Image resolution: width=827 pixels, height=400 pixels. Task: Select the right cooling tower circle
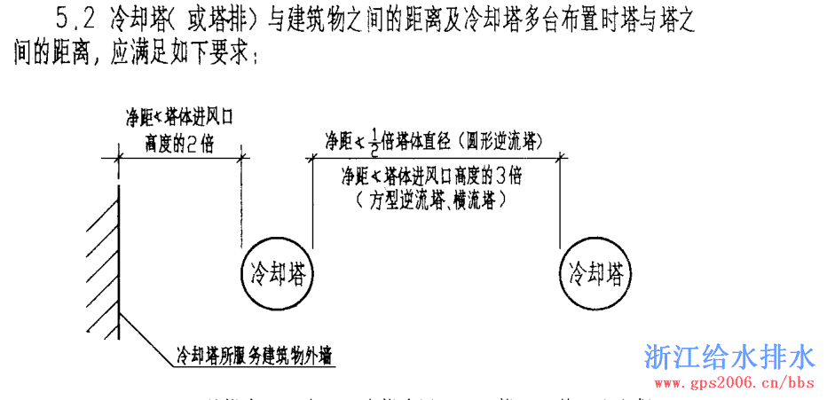tap(595, 273)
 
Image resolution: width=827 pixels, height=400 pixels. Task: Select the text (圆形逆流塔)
tap(498, 140)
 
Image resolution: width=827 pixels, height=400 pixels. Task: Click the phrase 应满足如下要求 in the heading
tap(180, 57)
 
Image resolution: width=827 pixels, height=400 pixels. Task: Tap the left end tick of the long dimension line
tap(309, 158)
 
